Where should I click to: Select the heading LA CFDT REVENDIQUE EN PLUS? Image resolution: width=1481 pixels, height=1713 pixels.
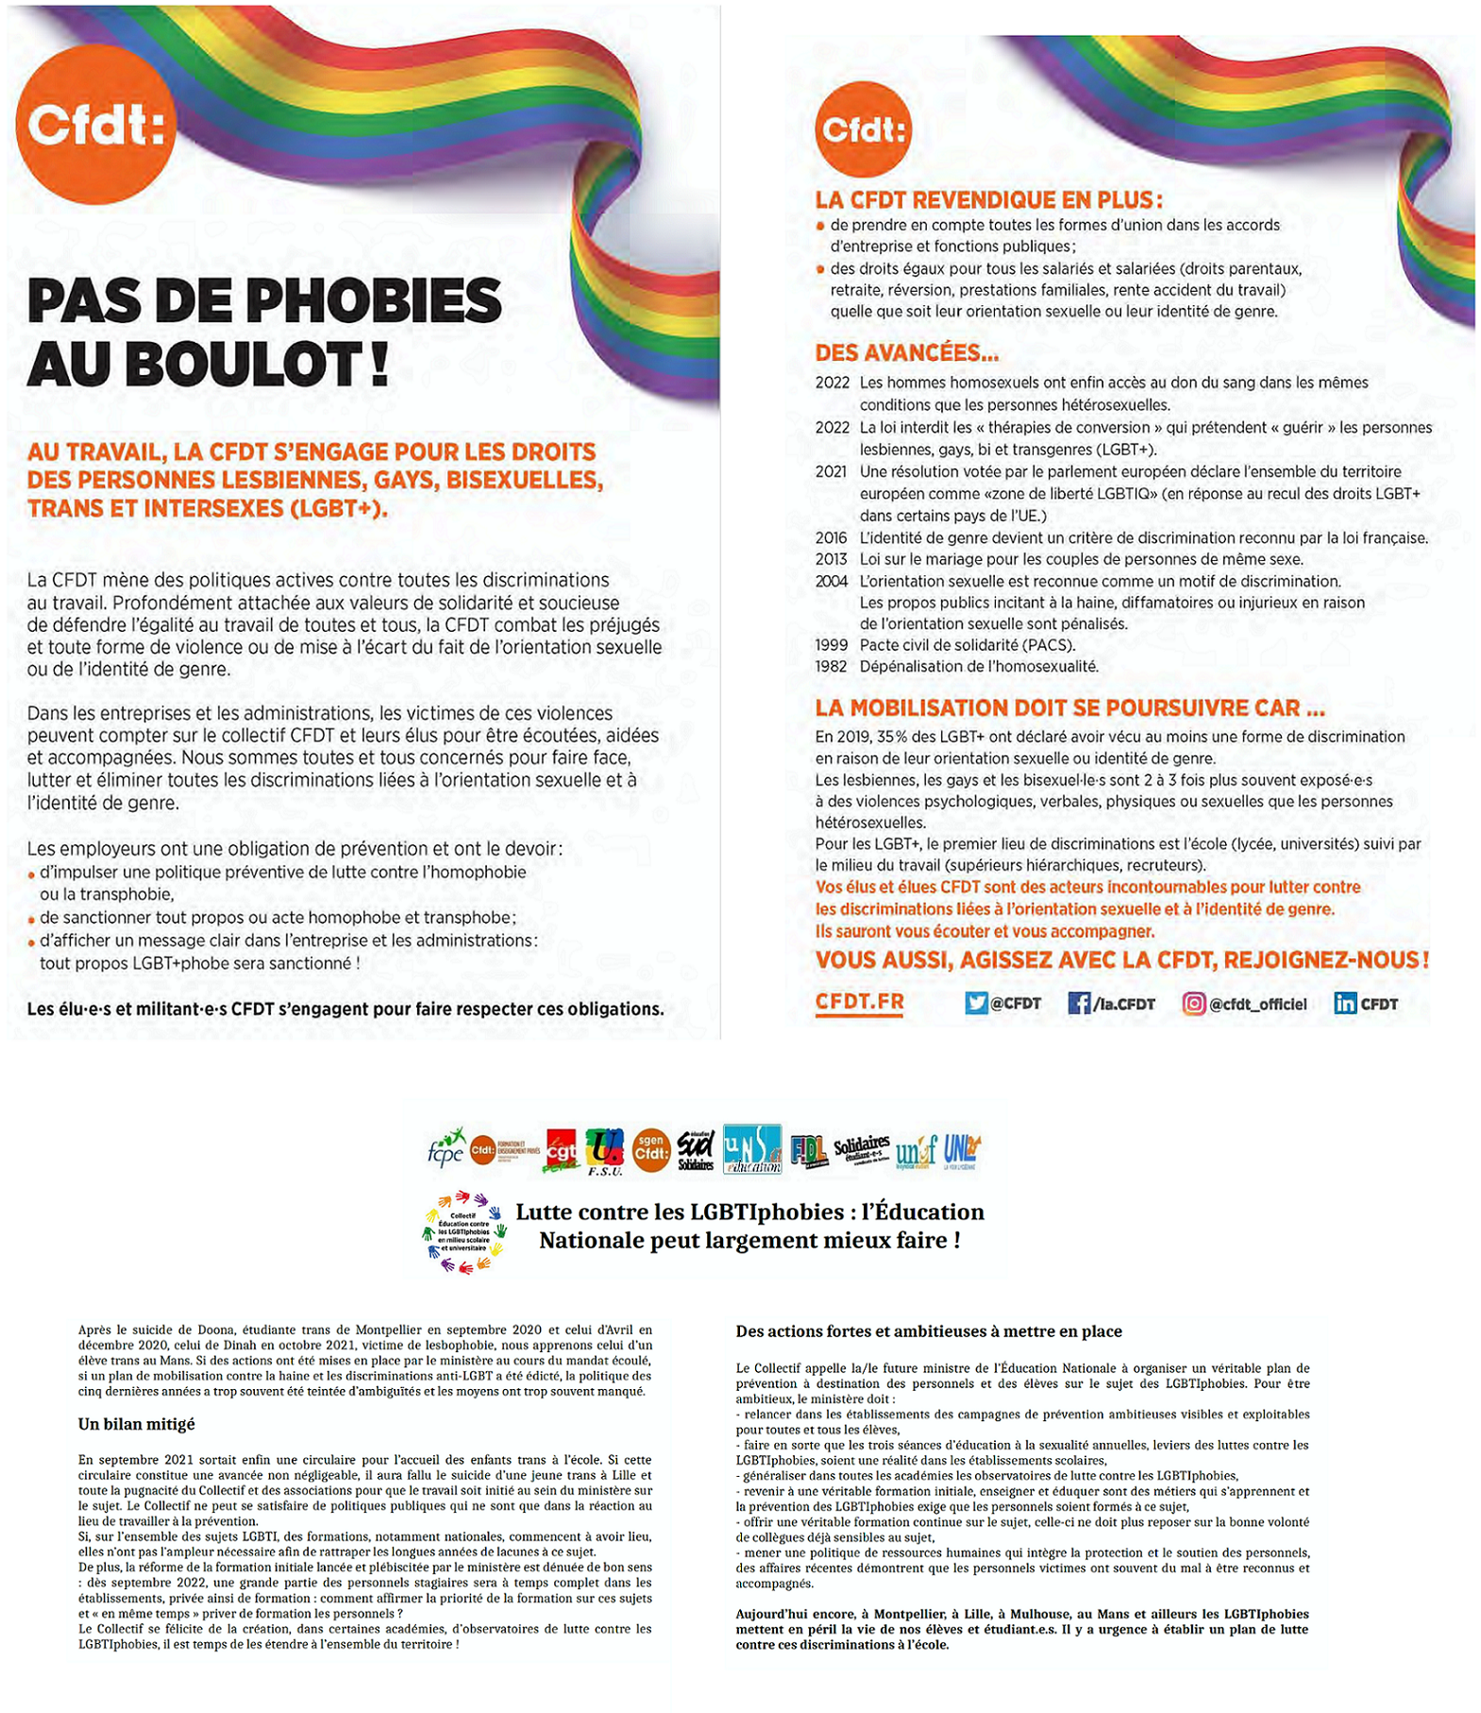click(x=988, y=200)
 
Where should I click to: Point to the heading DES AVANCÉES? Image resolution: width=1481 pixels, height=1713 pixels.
click(x=906, y=353)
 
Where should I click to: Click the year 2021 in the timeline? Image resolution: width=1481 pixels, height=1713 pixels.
click(x=831, y=472)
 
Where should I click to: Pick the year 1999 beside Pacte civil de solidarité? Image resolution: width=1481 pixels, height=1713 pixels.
click(x=831, y=645)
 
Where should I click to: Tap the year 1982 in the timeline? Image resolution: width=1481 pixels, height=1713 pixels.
click(x=831, y=667)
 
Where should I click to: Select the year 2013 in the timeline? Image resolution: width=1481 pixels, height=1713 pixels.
click(x=831, y=559)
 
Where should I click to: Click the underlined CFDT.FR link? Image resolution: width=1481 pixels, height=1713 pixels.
click(x=859, y=1002)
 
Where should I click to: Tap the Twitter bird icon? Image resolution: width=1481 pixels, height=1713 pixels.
click(x=975, y=1003)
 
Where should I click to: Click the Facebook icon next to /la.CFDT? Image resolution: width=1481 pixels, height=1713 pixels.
click(x=1078, y=1003)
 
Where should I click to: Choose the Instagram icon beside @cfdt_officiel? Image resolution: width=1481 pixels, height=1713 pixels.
click(x=1193, y=1003)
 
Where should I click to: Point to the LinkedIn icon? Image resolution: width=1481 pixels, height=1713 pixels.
click(x=1344, y=1003)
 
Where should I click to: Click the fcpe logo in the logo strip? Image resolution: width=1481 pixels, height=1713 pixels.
click(x=446, y=1147)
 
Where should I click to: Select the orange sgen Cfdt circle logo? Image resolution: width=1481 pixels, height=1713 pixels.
click(x=650, y=1151)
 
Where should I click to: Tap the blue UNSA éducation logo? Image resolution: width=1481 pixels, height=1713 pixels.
click(x=751, y=1148)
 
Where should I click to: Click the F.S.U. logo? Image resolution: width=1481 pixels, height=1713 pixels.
click(x=604, y=1151)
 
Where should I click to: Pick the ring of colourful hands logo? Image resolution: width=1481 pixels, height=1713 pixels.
click(x=463, y=1231)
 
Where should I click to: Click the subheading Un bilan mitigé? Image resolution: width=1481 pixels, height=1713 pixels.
click(x=136, y=1424)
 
